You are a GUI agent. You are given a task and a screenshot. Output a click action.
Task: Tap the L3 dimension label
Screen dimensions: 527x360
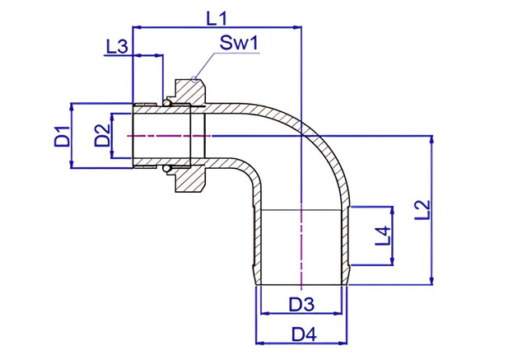[117, 46]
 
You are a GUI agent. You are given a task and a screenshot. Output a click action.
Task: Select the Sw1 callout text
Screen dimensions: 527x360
[239, 43]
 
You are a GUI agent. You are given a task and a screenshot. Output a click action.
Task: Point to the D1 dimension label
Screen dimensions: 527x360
[62, 136]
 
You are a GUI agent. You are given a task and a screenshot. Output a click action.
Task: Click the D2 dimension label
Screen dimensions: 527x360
[102, 135]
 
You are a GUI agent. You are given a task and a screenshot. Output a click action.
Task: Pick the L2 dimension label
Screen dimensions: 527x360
[422, 210]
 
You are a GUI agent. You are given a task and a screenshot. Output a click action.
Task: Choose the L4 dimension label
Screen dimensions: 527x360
[383, 236]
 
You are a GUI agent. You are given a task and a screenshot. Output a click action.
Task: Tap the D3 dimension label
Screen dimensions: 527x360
[301, 304]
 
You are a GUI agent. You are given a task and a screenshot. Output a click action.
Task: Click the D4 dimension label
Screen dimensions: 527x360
[304, 334]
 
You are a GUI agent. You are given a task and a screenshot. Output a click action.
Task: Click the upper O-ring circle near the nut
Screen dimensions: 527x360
[166, 102]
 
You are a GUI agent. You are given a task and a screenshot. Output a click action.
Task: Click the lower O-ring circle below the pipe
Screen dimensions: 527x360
[166, 169]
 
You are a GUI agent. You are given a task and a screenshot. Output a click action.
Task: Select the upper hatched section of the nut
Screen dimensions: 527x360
[189, 91]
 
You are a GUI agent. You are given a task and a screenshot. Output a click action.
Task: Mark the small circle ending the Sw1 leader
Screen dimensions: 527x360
[194, 80]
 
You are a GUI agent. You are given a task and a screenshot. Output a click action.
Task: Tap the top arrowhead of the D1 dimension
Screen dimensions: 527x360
[72, 108]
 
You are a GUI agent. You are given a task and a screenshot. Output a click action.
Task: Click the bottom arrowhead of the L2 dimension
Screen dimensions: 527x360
[431, 281]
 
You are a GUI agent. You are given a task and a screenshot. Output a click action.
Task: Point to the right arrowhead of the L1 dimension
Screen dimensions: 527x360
[297, 27]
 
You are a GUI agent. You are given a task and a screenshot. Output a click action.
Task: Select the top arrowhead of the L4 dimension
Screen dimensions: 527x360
[392, 211]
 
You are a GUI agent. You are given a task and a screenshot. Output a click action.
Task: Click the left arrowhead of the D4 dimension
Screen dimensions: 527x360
[260, 343]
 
